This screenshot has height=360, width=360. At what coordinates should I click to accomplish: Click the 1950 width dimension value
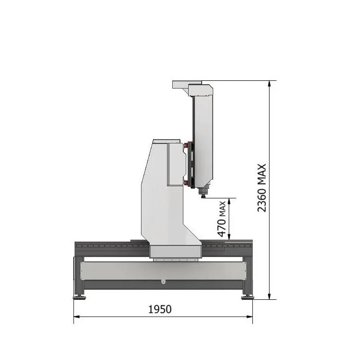160,309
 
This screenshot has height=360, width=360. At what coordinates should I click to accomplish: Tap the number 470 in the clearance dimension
222,228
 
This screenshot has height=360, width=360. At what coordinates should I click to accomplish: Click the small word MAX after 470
222,209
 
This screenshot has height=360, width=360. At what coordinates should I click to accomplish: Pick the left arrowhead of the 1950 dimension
77,317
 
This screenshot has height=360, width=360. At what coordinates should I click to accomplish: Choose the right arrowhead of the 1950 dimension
250,317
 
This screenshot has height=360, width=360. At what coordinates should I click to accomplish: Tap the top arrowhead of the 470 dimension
229,201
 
